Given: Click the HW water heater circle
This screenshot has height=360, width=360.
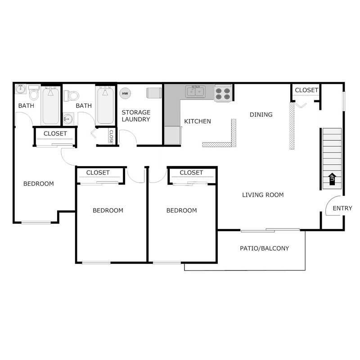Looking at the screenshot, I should click(x=125, y=94).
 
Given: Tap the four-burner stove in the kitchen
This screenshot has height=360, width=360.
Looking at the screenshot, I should click(x=223, y=93).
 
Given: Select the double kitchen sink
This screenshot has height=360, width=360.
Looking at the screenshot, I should click(x=196, y=92).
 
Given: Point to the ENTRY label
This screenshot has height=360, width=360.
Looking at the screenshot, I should click(x=342, y=208).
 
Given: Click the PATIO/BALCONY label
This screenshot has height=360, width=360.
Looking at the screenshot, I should click(x=264, y=248).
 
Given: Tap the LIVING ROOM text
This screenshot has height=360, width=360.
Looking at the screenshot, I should click(x=263, y=195).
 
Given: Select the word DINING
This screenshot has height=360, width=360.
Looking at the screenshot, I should click(x=261, y=114).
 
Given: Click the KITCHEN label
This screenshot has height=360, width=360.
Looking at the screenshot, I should click(x=198, y=121).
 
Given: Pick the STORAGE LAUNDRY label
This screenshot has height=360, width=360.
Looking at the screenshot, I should click(x=136, y=116).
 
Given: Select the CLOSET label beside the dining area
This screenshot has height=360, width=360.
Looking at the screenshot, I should click(x=306, y=90).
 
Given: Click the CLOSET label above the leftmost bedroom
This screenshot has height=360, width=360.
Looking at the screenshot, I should click(x=55, y=134).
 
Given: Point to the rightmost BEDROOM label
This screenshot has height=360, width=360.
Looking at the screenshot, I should click(x=181, y=210).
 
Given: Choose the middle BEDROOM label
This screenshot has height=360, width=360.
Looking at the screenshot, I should click(x=108, y=210).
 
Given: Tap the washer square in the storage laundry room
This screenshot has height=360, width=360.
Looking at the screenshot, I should click(x=153, y=92).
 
